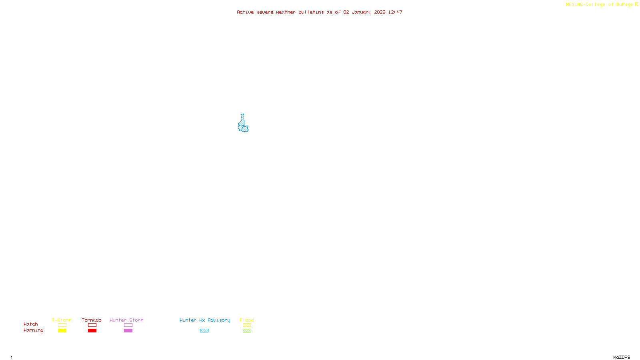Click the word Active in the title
click(245, 12)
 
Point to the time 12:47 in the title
click(395, 12)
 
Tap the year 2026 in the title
click(380, 12)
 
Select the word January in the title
click(362, 12)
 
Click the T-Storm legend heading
click(62, 320)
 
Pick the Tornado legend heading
click(92, 320)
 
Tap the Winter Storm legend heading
click(126, 320)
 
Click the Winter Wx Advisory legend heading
click(205, 320)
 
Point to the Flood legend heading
click(247, 320)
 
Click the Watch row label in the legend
click(31, 324)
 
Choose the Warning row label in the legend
click(34, 330)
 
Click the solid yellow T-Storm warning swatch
click(62, 331)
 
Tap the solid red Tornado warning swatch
click(92, 331)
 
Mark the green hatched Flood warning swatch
click(247, 331)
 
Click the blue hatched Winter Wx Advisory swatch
click(204, 331)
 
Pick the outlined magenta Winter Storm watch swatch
click(128, 325)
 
